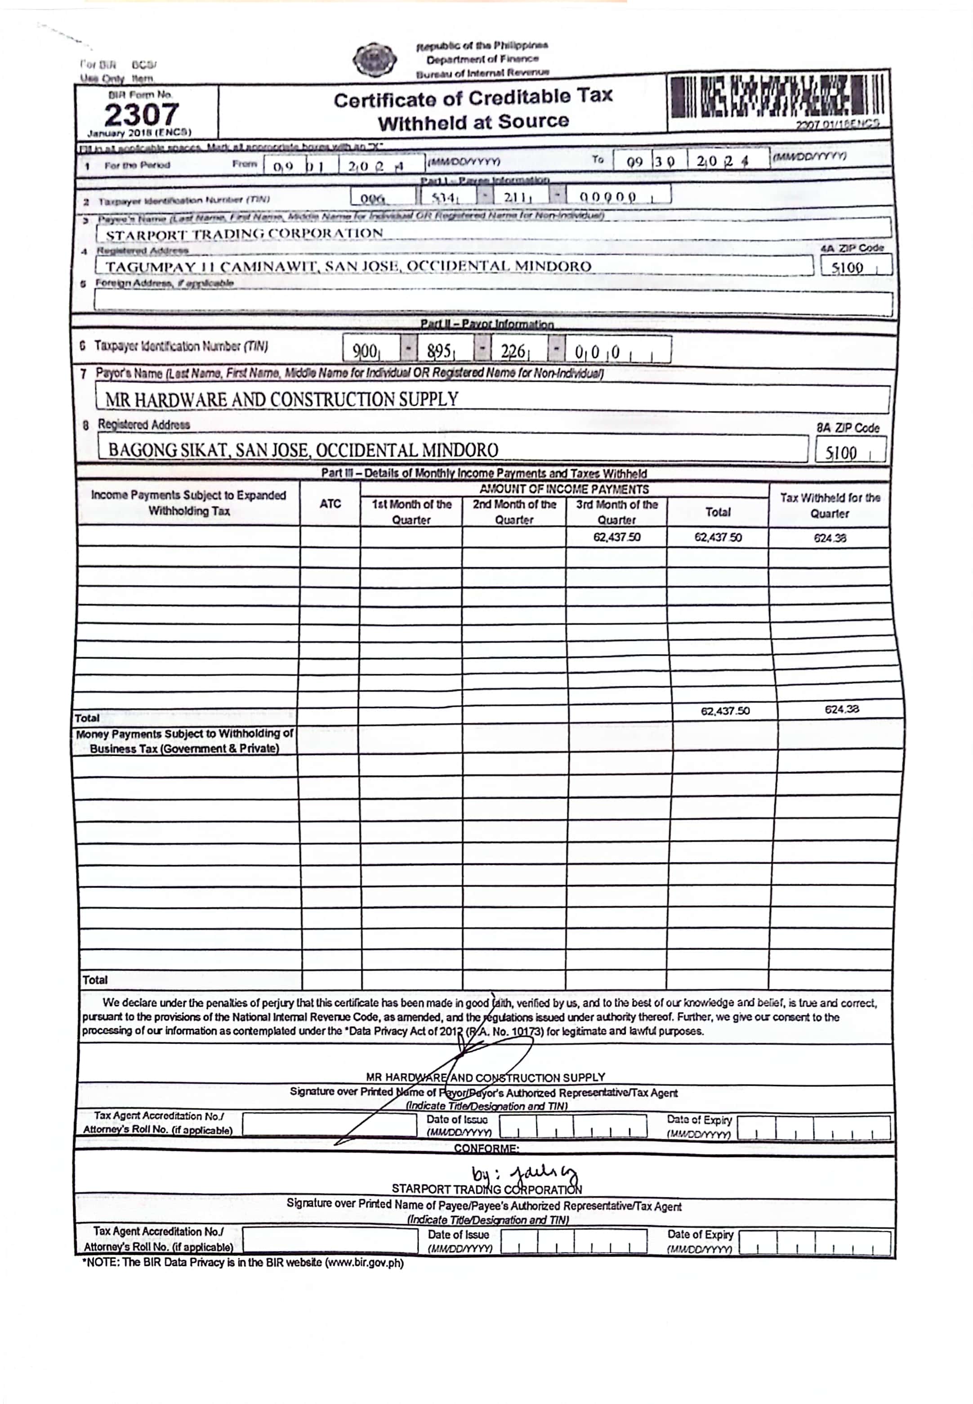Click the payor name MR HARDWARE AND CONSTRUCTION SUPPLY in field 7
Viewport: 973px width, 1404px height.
(x=281, y=400)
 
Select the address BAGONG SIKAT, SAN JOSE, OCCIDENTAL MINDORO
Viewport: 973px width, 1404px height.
(x=303, y=450)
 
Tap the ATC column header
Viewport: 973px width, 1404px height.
(x=330, y=504)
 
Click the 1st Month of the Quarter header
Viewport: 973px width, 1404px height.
(x=411, y=512)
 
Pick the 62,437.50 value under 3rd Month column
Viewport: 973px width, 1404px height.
(x=616, y=538)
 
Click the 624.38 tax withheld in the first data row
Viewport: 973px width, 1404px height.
(x=829, y=538)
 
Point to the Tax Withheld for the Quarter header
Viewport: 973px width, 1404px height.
(x=830, y=506)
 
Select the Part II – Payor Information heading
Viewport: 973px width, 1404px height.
(x=486, y=324)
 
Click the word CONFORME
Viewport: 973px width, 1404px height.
(x=486, y=1149)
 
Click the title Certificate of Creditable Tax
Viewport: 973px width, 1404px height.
(x=473, y=98)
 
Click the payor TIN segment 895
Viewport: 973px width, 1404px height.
(x=439, y=351)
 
